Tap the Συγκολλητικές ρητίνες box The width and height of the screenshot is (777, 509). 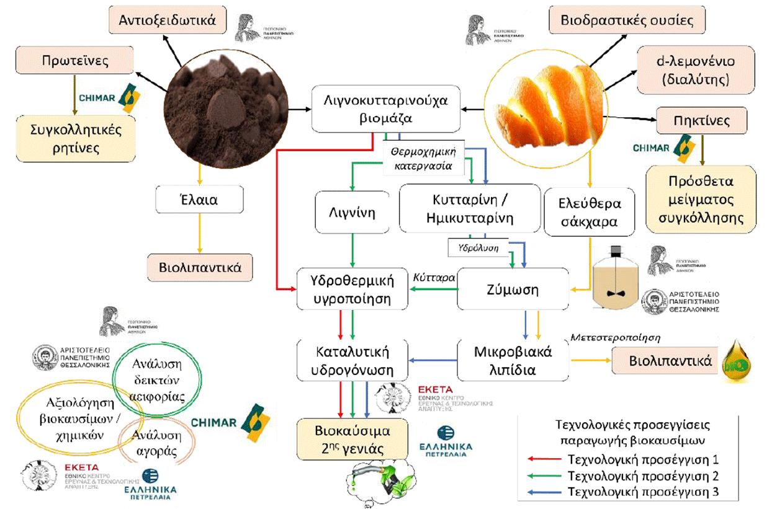76,139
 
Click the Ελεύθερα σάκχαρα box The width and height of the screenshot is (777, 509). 590,213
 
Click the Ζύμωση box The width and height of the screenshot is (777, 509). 513,289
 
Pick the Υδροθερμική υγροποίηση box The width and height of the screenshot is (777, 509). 353,289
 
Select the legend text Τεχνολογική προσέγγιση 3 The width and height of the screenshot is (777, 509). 644,492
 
